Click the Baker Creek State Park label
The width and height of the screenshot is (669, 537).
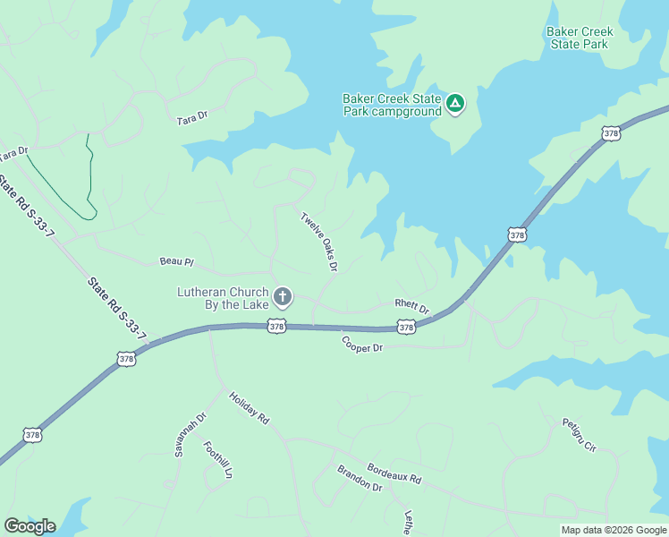click(579, 38)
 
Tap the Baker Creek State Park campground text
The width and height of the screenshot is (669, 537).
click(393, 105)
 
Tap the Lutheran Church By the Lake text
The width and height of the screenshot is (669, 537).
click(223, 298)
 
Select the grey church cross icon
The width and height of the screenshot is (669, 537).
click(283, 297)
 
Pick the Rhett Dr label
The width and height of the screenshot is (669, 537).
click(412, 306)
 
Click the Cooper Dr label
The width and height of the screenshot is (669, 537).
click(362, 343)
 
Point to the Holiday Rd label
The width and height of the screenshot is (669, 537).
click(248, 406)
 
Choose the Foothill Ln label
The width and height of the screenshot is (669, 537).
click(217, 459)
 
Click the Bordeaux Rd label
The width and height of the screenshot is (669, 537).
click(394, 473)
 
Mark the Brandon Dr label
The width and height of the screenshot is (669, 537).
click(360, 478)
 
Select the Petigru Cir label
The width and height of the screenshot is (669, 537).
click(579, 434)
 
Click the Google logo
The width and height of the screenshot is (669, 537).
click(30, 525)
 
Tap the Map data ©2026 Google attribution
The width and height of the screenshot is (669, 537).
click(614, 530)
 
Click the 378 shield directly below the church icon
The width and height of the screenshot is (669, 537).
click(276, 327)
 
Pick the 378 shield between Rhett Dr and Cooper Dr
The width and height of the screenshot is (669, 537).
click(406, 328)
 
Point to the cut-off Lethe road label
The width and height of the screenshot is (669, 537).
click(408, 523)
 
